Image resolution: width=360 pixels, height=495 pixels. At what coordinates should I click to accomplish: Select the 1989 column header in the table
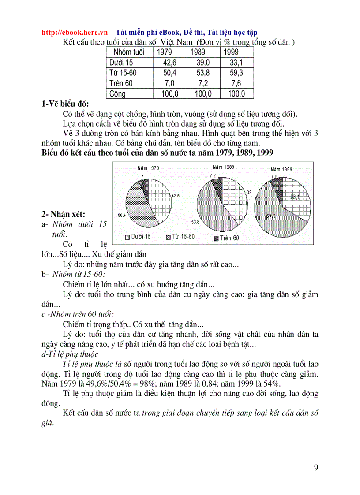[x=197, y=52]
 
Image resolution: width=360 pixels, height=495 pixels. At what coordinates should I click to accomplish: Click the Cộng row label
[x=117, y=93]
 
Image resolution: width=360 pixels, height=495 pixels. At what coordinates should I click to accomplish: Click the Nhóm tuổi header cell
[x=129, y=52]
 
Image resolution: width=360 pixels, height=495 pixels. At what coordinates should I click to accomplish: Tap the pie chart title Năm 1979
[x=148, y=168]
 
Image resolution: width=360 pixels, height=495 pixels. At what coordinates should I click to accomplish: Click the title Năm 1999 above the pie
[x=281, y=169]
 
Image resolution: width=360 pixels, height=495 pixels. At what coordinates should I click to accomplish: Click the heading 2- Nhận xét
[x=63, y=214]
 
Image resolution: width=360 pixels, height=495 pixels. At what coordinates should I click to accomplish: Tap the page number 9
[x=316, y=468]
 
